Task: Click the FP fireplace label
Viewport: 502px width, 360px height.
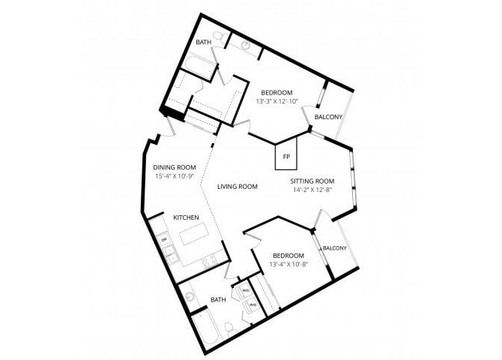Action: click(286, 157)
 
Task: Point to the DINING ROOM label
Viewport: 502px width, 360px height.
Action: click(175, 167)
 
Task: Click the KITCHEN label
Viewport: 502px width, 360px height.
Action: click(186, 217)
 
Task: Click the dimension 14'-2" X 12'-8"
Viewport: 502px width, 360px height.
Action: click(312, 190)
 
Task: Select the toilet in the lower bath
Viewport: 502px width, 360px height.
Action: click(232, 331)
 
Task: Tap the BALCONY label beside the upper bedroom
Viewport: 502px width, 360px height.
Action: click(328, 117)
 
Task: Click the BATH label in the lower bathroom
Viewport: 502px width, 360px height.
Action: click(218, 300)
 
